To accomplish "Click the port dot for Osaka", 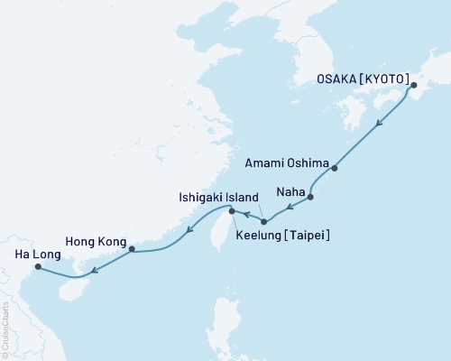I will (x=413, y=87).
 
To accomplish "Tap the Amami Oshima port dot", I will (x=335, y=168).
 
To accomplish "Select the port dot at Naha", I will (x=310, y=197).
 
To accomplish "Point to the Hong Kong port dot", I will (x=132, y=249).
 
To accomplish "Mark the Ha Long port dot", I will (x=37, y=266).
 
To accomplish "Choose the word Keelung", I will (x=262, y=236).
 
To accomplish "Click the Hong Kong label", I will (x=94, y=241).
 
